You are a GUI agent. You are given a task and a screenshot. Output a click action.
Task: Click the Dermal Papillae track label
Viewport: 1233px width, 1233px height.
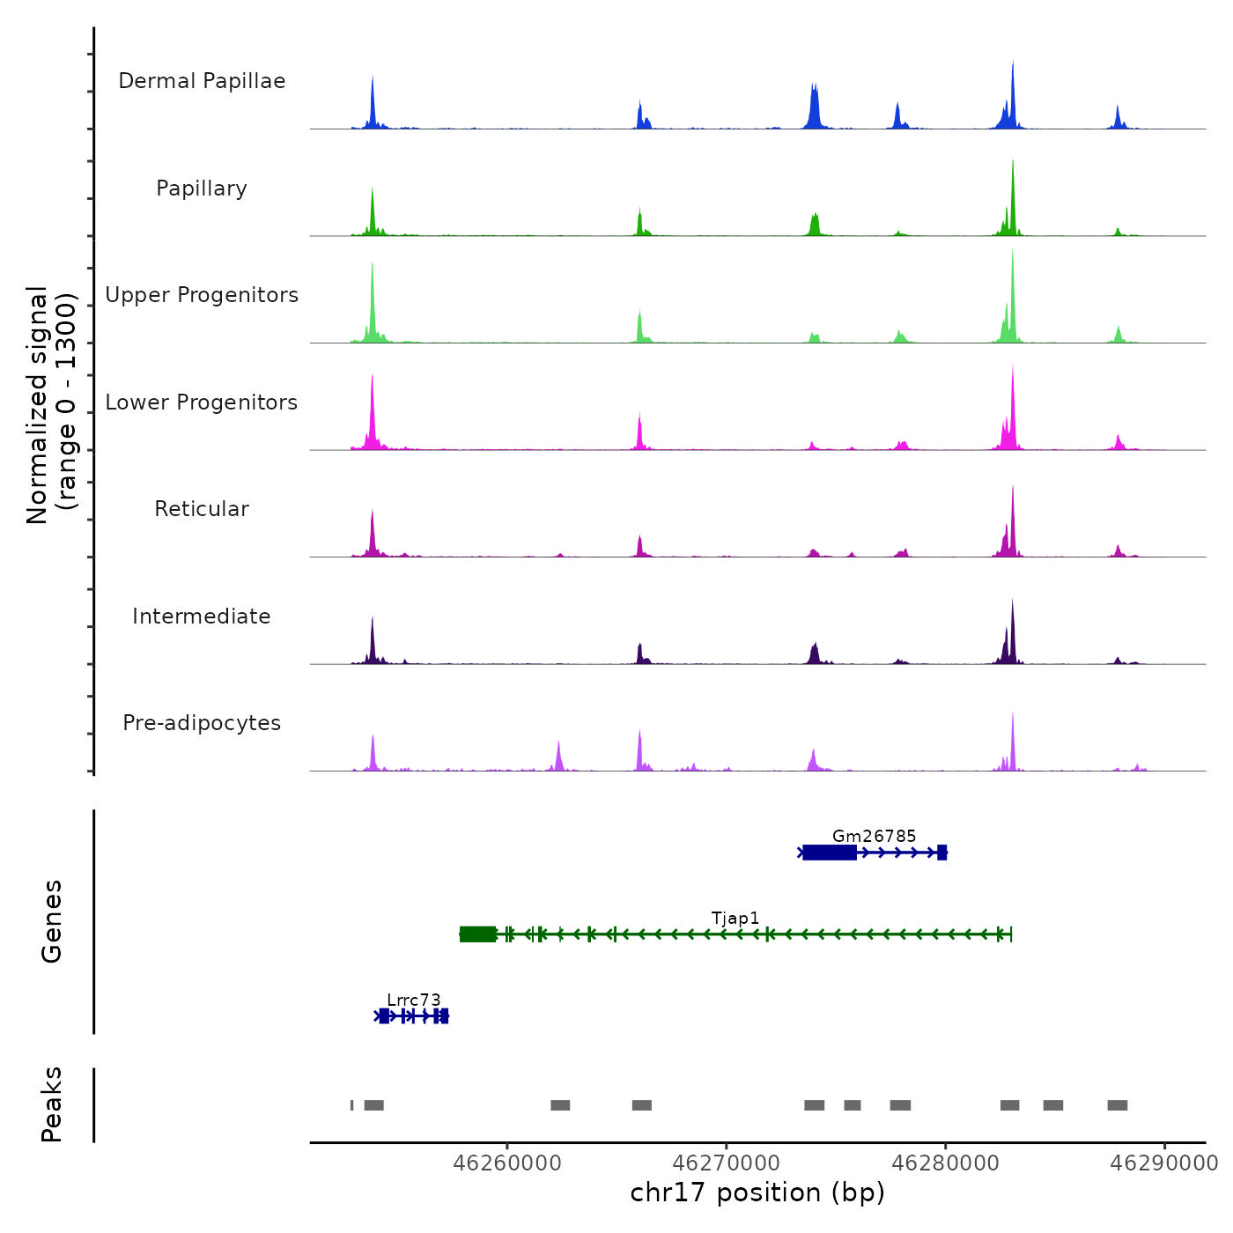202,81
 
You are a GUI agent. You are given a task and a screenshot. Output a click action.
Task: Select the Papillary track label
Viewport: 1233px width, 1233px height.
202,188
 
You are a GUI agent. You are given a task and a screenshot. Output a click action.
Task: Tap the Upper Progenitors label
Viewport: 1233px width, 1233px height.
202,295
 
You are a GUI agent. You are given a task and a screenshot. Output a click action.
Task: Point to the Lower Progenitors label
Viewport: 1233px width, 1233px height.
202,402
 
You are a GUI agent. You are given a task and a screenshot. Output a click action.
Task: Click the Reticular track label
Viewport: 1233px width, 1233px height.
202,509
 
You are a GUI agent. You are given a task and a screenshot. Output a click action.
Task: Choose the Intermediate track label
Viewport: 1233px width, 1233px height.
202,616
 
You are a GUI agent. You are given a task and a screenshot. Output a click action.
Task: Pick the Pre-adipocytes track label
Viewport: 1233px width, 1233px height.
202,723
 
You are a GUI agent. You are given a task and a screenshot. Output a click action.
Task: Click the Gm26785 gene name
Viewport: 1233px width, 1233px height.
874,836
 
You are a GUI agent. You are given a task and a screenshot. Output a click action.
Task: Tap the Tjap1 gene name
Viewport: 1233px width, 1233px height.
735,918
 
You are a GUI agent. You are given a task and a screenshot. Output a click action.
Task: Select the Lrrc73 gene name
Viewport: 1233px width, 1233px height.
414,1000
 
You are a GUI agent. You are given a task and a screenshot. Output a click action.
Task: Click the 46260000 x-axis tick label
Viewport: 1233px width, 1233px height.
507,1163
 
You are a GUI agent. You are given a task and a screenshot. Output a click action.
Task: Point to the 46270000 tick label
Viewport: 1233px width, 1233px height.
727,1163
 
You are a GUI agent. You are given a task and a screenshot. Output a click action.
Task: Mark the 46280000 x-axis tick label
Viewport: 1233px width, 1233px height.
946,1163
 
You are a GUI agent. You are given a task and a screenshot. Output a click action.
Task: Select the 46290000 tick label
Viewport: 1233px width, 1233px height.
1164,1163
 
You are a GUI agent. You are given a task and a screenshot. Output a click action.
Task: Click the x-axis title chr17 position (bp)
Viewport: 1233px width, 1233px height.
757,1192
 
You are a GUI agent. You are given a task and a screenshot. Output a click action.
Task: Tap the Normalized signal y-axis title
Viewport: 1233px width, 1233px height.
51,404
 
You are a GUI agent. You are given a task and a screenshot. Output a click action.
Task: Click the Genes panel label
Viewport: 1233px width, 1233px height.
51,921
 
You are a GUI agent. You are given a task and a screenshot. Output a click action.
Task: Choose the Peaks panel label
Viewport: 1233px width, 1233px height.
51,1104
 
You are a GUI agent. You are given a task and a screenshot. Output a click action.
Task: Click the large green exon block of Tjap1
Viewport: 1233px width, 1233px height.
477,934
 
